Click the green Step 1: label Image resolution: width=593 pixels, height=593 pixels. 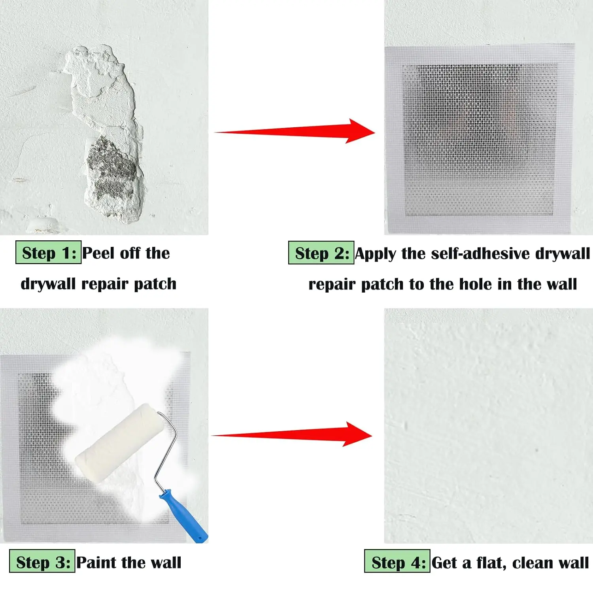48,252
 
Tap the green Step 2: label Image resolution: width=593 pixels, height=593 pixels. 321,253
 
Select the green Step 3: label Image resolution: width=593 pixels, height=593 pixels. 42,561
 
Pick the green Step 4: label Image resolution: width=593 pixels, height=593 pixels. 397,561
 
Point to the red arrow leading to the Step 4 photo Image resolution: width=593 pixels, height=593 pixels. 292,434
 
